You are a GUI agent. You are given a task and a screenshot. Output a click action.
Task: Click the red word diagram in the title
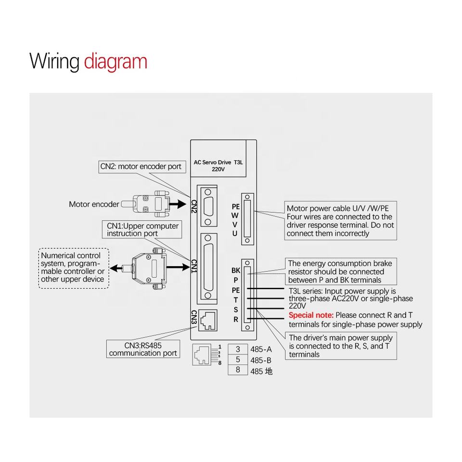[115, 62]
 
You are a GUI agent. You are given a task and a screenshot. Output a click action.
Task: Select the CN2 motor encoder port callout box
[141, 167]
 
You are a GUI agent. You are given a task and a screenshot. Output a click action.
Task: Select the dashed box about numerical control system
[73, 268]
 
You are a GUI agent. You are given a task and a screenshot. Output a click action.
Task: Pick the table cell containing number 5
[238, 360]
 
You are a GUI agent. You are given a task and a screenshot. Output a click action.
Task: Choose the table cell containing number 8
[238, 370]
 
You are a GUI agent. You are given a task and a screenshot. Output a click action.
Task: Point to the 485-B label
[261, 360]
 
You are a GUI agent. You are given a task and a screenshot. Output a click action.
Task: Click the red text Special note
[310, 315]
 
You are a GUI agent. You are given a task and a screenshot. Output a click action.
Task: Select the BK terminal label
[235, 271]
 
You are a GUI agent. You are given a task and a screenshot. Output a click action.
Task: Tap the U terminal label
[235, 233]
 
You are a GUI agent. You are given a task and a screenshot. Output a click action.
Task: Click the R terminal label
[235, 319]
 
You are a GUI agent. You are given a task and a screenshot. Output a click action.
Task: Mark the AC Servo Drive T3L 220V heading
[218, 166]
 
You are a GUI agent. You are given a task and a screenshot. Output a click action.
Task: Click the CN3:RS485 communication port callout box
[143, 349]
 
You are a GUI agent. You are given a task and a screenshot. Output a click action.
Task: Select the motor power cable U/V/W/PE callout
[340, 221]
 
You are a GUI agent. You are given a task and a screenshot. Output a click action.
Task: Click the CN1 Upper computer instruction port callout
[142, 230]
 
